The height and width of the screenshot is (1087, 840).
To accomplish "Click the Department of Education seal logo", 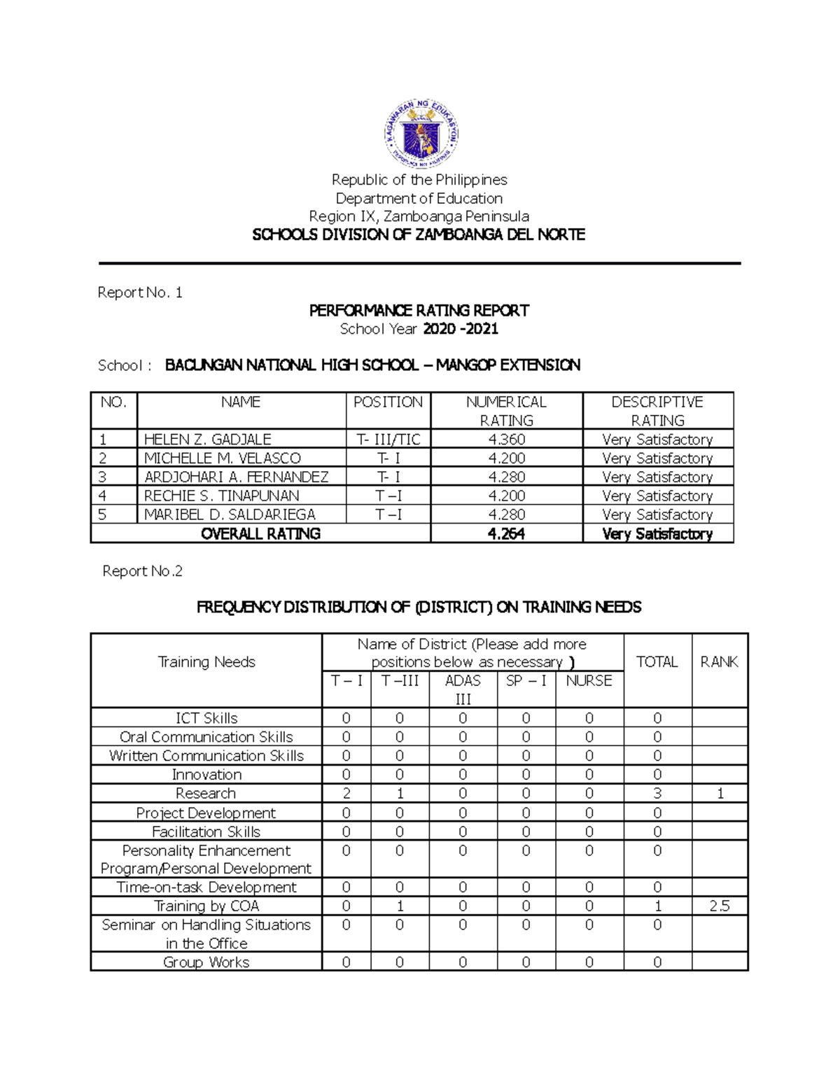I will tap(421, 133).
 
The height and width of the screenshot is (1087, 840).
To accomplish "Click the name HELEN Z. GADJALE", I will tap(207, 440).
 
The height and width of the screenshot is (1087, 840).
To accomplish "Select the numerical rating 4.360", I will tap(506, 440).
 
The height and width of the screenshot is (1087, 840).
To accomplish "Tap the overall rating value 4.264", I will tap(506, 534).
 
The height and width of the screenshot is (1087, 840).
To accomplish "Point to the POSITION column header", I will tap(388, 402).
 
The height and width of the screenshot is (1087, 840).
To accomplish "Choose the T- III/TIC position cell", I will tap(388, 440).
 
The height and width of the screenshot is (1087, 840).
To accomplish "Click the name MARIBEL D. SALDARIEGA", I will tap(230, 514).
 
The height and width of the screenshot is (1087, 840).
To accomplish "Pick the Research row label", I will tap(206, 794).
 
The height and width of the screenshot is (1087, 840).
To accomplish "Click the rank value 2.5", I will tap(719, 906).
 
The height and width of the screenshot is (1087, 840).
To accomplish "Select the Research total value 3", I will tap(657, 794).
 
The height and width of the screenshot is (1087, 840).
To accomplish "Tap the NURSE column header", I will tap(589, 681).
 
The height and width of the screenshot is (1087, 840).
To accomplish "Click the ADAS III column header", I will tap(463, 689).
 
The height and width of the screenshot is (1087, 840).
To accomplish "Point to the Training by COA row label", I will tap(206, 906).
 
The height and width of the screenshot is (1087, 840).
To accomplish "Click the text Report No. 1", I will tap(140, 293).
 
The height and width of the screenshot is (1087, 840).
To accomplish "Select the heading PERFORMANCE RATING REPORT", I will tap(419, 311).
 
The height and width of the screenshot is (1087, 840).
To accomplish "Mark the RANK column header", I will tap(719, 662).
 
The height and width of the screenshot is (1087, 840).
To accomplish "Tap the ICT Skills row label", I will tap(206, 718).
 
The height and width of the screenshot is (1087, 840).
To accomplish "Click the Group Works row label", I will tap(206, 962).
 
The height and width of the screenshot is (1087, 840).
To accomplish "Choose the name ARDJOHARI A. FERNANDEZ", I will tap(236, 477).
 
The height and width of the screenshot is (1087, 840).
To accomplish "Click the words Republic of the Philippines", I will tap(419, 180).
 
